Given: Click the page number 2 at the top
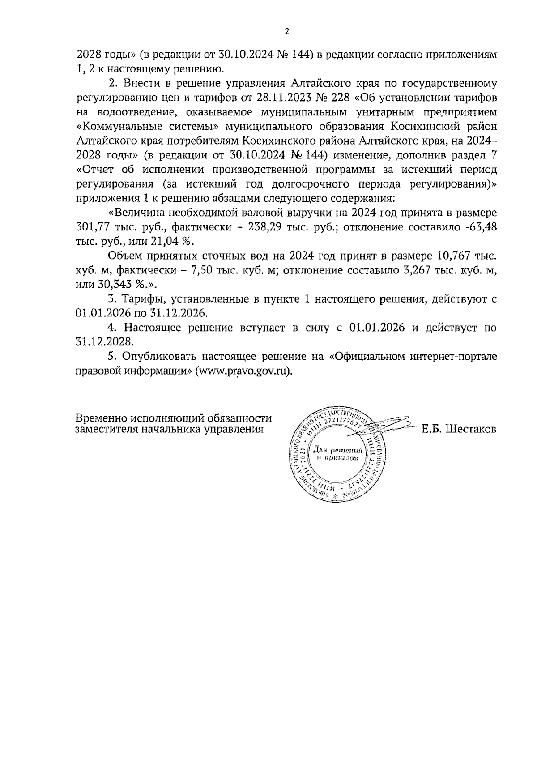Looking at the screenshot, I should tap(287, 31).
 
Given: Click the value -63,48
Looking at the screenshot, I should tap(481, 227).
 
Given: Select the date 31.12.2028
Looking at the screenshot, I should tap(105, 342).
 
